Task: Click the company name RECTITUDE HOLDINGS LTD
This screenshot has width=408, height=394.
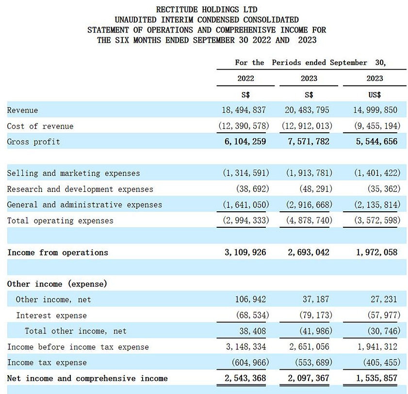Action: point(207,10)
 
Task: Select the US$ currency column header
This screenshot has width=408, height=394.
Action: point(375,95)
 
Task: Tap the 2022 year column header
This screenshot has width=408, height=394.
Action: point(245,79)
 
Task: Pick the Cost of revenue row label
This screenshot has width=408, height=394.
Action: point(40,126)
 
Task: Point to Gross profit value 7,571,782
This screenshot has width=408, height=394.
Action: point(309,142)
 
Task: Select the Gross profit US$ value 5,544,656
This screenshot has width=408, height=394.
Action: point(375,142)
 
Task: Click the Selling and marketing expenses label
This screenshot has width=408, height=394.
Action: point(73,173)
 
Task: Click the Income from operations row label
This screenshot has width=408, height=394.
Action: point(58,252)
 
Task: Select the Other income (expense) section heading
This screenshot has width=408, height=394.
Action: point(57,284)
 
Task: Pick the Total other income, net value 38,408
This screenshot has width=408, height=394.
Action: point(252,331)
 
